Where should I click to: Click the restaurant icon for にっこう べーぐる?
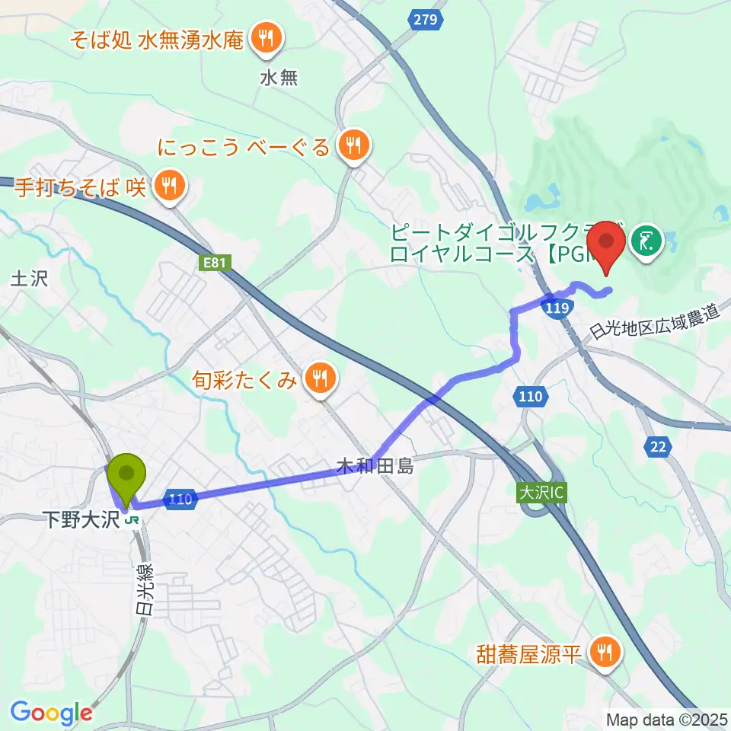353,145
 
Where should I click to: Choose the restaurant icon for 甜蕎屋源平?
605,653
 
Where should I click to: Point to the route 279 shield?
426,20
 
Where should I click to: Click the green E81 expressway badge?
215,263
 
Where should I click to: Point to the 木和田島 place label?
377,466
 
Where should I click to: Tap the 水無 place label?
279,78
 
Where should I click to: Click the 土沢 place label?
29,279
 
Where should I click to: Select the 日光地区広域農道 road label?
655,324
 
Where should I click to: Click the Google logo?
51,713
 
